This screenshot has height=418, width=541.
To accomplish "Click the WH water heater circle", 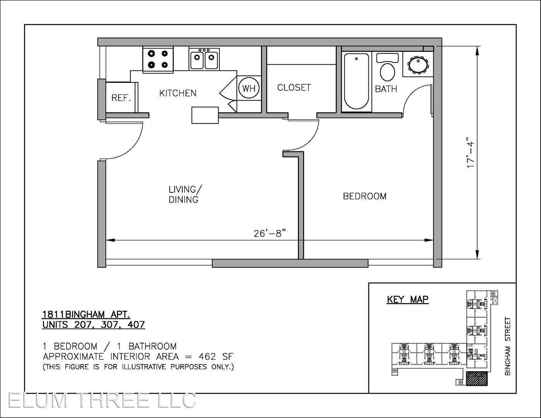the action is point(249,88).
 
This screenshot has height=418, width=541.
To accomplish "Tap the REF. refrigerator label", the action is point(121,98).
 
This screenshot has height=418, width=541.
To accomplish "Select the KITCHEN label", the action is point(178,93).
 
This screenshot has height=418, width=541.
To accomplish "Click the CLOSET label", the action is point(294,87).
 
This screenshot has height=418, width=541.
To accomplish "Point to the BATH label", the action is point(386,89).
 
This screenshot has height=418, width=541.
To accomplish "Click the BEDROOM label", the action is point(365,197).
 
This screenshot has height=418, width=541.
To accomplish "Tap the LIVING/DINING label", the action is point(184,194).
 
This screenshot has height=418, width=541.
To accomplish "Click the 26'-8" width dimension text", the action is point(269,233).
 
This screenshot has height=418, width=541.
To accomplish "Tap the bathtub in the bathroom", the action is point(356,81).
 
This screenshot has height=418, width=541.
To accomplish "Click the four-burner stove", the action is point(158,60).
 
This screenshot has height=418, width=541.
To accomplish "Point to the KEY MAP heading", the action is point(407,300).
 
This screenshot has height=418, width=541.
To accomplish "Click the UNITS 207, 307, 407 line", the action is point(94,325).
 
